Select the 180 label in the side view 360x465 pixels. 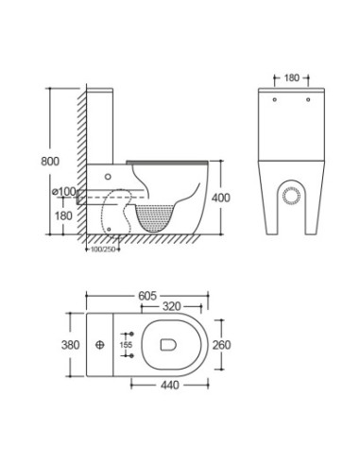click(x=63, y=216)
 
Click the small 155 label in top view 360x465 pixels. click(x=126, y=345)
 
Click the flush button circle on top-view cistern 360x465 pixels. click(x=100, y=345)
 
